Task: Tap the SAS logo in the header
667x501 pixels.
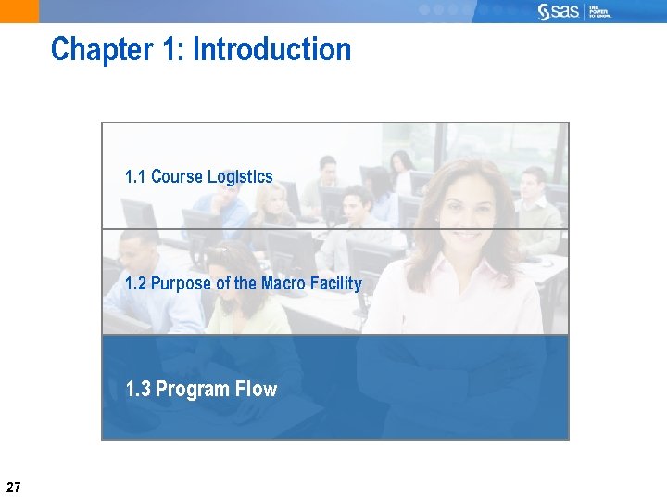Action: (x=559, y=11)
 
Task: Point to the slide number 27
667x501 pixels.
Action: (x=13, y=487)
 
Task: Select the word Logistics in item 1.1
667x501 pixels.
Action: (x=240, y=176)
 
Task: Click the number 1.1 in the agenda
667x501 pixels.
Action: (x=135, y=176)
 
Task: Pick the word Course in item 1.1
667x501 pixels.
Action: (x=177, y=176)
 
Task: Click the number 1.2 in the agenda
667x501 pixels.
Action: (x=135, y=283)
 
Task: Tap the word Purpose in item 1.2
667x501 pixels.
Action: (x=181, y=283)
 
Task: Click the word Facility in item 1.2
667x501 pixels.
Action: (x=338, y=283)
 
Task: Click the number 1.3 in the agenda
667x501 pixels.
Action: (x=138, y=389)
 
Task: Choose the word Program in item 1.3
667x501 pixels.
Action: (x=193, y=389)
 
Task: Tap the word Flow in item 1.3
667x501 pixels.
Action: (x=256, y=389)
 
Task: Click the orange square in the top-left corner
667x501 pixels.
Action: (x=19, y=11)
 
